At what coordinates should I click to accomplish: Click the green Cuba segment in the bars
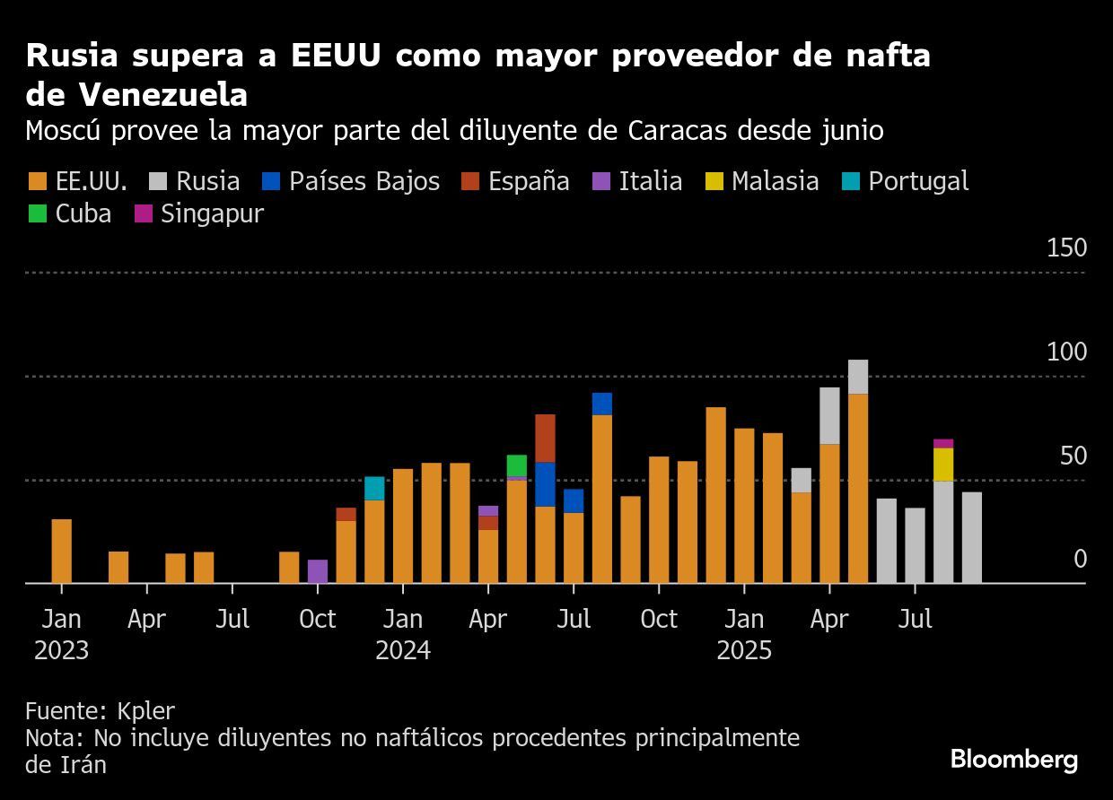click(x=516, y=465)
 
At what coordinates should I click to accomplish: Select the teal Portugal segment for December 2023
click(x=374, y=488)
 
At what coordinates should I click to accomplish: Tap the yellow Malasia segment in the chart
click(x=943, y=464)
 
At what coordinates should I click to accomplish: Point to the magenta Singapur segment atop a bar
click(x=943, y=443)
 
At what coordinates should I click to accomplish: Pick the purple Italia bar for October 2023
click(x=318, y=571)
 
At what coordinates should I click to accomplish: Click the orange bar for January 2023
click(x=61, y=551)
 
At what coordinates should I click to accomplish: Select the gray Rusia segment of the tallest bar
click(x=858, y=377)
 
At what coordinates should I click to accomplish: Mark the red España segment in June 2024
click(x=545, y=438)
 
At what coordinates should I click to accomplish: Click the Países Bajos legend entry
click(x=350, y=181)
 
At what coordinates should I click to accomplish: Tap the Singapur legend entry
click(x=198, y=214)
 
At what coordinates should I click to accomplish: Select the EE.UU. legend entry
click(x=77, y=181)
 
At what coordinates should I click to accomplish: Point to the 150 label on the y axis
click(x=1066, y=248)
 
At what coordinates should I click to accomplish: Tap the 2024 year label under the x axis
click(x=403, y=649)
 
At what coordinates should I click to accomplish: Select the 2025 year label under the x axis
click(x=744, y=649)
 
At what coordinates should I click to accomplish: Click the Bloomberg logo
click(x=1014, y=760)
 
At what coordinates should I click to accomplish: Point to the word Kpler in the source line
click(x=145, y=711)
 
